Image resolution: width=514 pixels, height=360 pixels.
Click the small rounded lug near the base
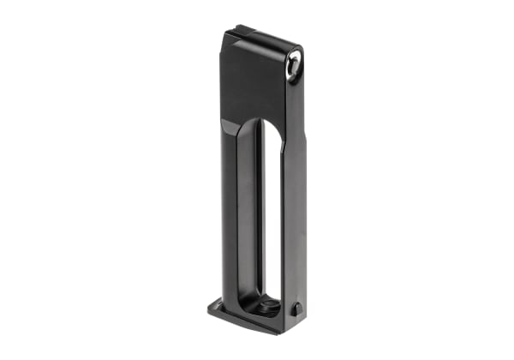(x=297, y=309)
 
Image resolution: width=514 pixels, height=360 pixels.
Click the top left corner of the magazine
(x=225, y=35)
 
